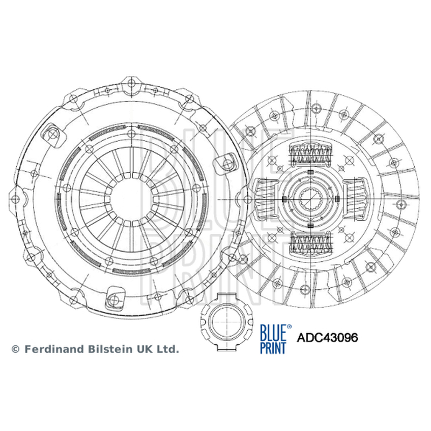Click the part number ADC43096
click(x=327, y=337)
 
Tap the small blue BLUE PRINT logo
click(x=273, y=339)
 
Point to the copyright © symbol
click(x=16, y=349)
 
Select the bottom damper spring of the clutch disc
click(x=310, y=242)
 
